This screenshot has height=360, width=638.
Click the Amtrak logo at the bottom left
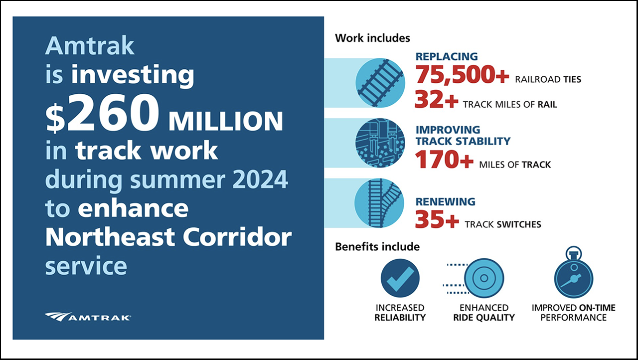coord(88,317)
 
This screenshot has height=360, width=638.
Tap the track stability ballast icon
coord(379,143)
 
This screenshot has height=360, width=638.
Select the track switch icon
coord(379,202)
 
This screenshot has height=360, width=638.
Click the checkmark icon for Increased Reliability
coord(400,279)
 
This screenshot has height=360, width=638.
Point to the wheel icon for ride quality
coord(483,278)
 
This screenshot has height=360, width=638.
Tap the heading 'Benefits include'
coord(377,247)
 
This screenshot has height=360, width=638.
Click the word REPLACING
coord(447,57)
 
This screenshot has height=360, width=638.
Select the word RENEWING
coord(446,202)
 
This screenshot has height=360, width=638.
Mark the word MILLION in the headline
coord(226,122)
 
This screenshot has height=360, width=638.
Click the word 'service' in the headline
coord(86,266)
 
